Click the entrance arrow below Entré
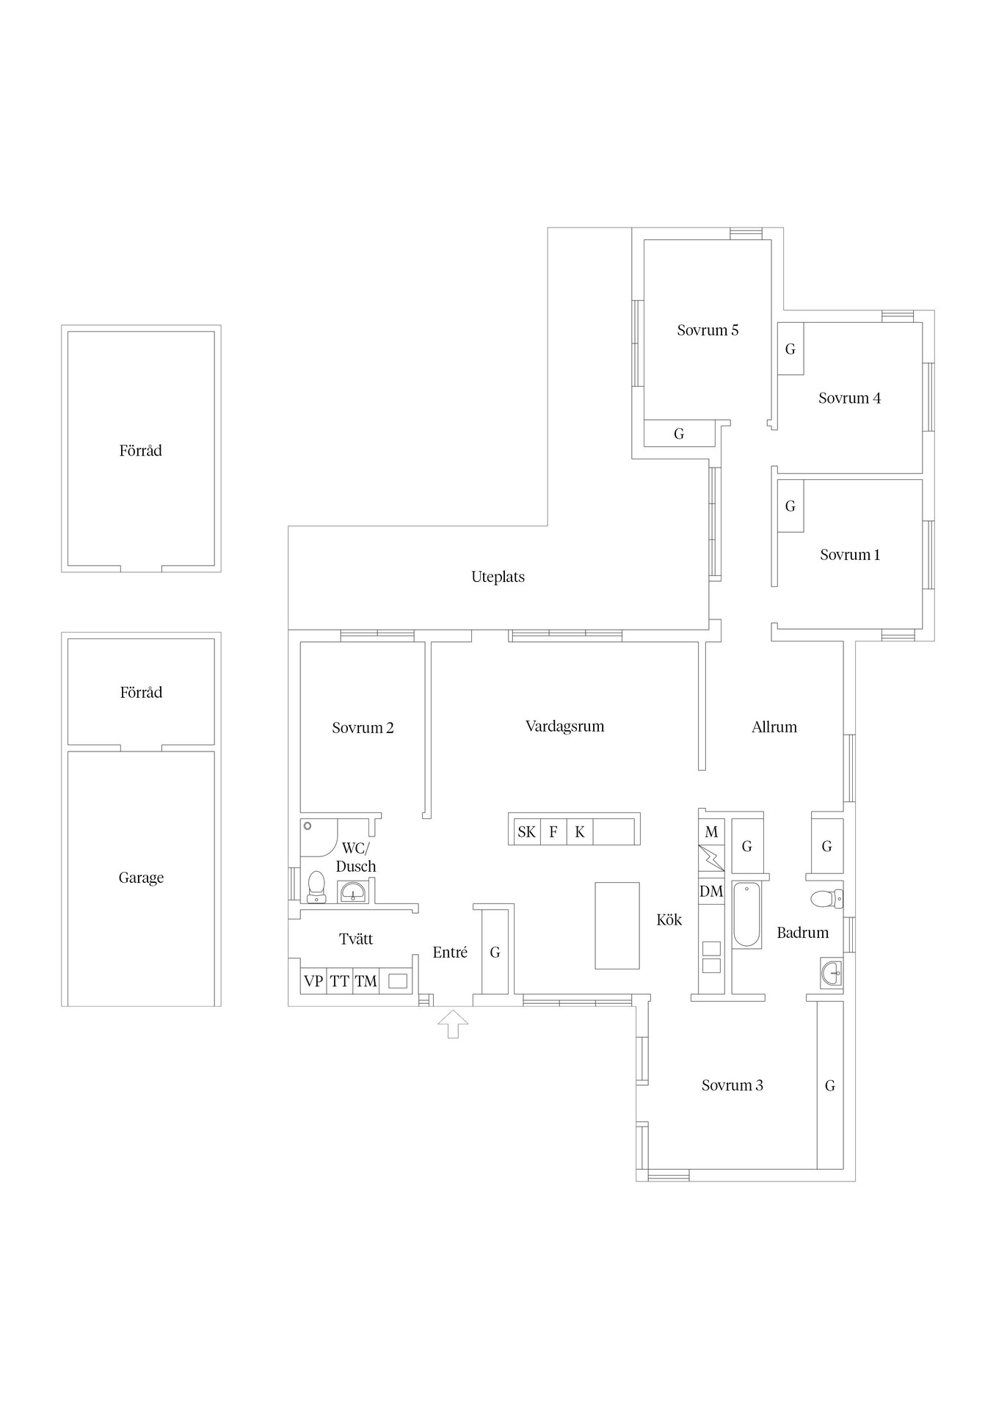coord(453,1024)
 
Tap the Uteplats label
coord(498,577)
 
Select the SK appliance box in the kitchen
coord(526,831)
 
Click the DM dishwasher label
coord(711,891)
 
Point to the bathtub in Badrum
coord(747,914)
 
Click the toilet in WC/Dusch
coord(316,886)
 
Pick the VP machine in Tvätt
coord(313,981)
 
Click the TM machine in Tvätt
coord(366,981)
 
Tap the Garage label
coord(141,878)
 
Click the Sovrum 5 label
coord(708,330)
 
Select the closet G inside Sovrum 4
coord(790,349)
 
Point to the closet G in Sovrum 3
coord(830,1085)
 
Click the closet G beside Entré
coord(495,952)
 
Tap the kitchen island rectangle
coord(617,925)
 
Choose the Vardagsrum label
coord(565,727)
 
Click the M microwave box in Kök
coord(711,831)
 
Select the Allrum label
coord(774,727)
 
